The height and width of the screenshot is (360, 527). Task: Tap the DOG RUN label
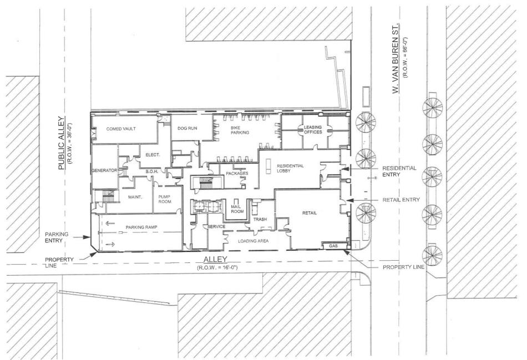(x=187, y=128)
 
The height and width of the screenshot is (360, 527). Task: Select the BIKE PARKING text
(x=240, y=130)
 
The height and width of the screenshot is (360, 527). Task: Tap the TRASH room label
(x=260, y=219)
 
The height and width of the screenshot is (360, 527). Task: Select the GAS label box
(x=334, y=245)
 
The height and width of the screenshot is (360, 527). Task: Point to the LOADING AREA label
(x=253, y=241)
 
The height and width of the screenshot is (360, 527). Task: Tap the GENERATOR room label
(x=104, y=171)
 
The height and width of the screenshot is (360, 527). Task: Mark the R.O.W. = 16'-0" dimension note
(x=216, y=268)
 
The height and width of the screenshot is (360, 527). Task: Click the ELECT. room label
(x=153, y=155)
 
